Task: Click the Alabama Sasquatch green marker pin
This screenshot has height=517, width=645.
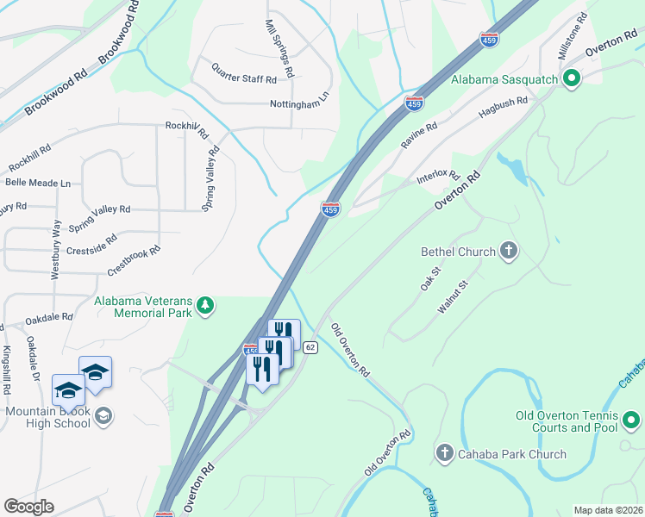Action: (x=570, y=81)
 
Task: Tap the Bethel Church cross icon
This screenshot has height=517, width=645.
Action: (x=509, y=252)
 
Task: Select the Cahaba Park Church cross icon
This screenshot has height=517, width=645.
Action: (x=445, y=453)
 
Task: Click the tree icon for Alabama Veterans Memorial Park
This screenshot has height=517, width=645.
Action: (x=205, y=305)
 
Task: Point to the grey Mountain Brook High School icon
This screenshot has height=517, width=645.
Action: (x=103, y=417)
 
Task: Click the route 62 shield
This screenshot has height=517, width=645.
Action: (x=311, y=346)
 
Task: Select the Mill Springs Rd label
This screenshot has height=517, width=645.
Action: (x=280, y=49)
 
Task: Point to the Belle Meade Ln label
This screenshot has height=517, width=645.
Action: (x=38, y=183)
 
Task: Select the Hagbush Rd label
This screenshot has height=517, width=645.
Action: (x=503, y=108)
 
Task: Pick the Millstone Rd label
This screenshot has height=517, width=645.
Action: (x=572, y=36)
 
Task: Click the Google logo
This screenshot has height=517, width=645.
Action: (x=28, y=506)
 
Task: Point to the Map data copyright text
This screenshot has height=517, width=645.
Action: (x=608, y=510)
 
